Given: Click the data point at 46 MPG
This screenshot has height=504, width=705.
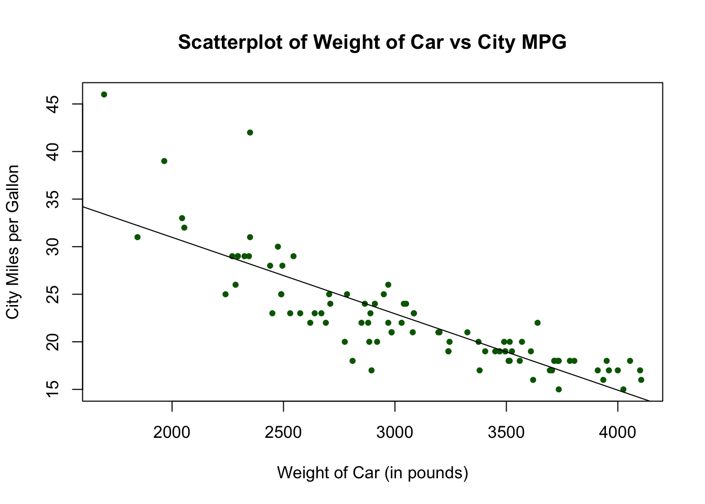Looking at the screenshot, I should click(104, 94).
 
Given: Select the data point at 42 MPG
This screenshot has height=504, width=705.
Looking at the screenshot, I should click(250, 132).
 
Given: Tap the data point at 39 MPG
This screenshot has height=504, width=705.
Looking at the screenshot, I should click(164, 161).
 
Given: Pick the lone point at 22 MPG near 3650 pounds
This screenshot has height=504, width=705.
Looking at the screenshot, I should click(537, 323).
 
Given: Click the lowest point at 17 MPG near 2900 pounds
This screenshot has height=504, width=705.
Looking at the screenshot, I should click(371, 370).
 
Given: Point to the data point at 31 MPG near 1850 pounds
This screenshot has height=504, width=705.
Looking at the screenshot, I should click(137, 237).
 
